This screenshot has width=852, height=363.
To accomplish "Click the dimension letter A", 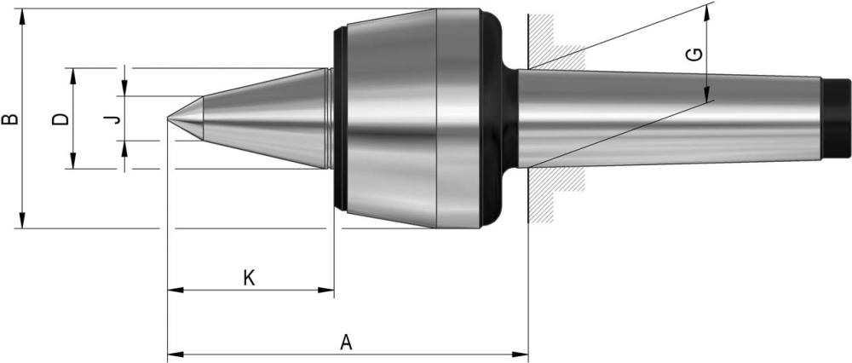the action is (x=346, y=343).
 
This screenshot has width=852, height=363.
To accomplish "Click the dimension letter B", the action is (x=10, y=119).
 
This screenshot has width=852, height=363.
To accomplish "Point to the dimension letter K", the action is (x=248, y=279).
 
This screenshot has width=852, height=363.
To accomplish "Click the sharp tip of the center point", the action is (x=167, y=118).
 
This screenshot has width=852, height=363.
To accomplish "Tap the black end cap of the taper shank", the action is (x=836, y=118).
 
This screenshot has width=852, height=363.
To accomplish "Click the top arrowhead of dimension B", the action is (x=22, y=17).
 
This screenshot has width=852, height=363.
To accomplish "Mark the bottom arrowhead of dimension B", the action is (x=22, y=220).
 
